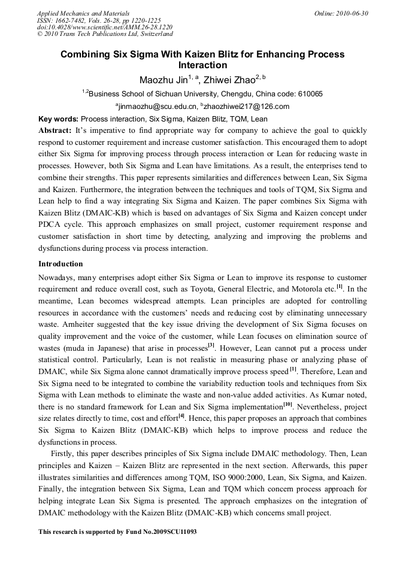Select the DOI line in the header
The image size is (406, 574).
(105, 28)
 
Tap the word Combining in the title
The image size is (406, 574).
(85, 54)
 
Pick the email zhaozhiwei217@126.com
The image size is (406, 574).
(238, 107)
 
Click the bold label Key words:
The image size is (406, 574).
(58, 119)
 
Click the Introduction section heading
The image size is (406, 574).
(60, 264)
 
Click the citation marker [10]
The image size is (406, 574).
(287, 403)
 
